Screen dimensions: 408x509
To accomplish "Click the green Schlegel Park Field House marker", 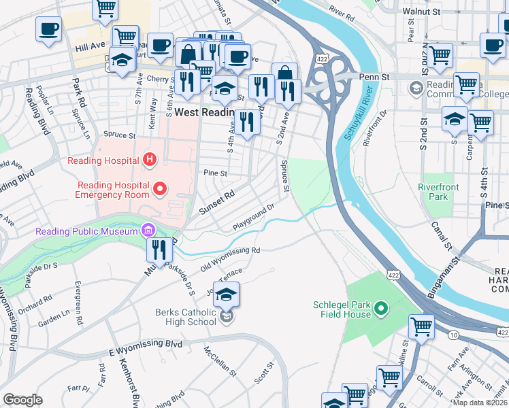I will coord(381,309).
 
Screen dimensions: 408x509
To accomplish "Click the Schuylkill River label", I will coord(355,114).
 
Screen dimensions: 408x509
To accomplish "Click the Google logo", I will coord(22,399).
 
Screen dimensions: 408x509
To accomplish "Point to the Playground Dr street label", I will coord(252,216).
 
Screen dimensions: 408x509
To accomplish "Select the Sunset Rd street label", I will coord(216,202).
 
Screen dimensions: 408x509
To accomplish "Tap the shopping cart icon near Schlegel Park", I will coord(421,327).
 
